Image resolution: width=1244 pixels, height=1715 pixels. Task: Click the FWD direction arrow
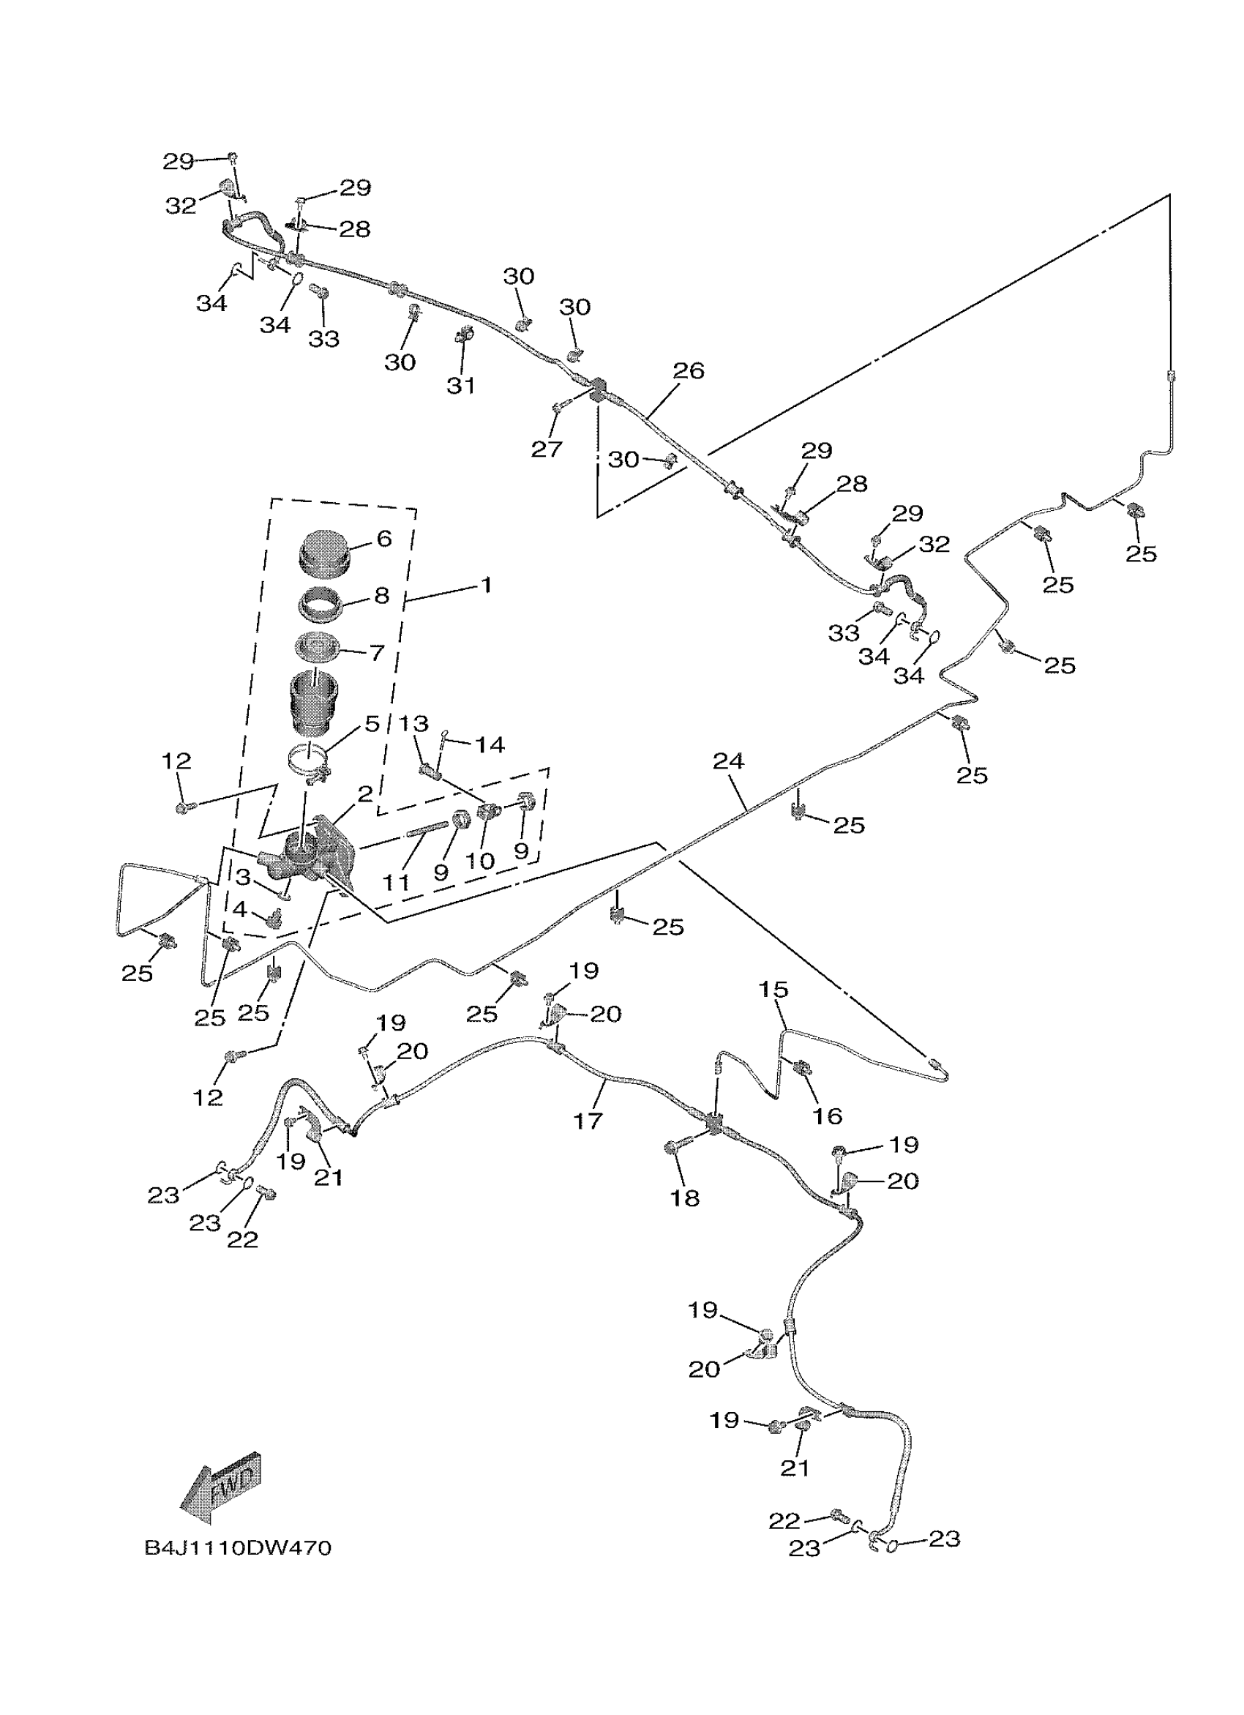coord(220,1487)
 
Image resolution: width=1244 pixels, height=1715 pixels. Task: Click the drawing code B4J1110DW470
coord(237,1547)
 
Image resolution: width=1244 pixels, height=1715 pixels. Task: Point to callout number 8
coord(382,596)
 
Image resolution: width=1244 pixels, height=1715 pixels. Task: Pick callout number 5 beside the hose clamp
coord(372,724)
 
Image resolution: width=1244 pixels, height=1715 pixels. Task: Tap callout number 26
coord(688,370)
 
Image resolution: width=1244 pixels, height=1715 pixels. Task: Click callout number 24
coord(728,761)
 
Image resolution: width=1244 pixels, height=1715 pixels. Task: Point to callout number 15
coord(773,989)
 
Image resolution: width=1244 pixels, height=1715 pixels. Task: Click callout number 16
coord(827,1116)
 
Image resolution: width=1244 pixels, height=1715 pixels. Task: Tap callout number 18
coord(685,1197)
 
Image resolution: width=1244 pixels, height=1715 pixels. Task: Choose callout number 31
coord(461,386)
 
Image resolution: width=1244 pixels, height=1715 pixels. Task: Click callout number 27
coord(547,449)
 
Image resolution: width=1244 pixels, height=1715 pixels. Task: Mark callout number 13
coord(413,724)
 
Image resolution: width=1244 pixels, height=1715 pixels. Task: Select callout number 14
coord(489,745)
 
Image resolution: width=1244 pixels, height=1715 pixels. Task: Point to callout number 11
coord(396,882)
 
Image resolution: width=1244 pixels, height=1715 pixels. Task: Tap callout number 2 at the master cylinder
coord(365,794)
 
